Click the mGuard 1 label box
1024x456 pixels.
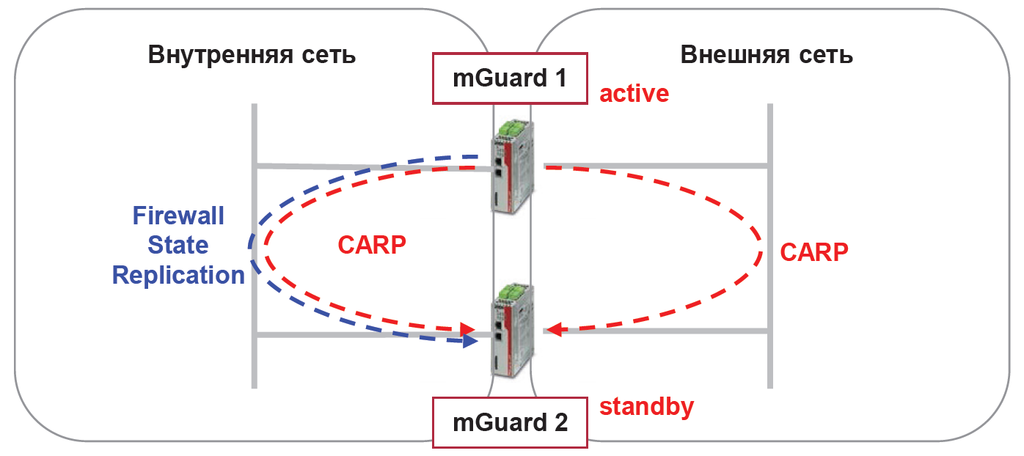coord(510,78)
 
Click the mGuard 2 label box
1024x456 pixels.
coord(510,422)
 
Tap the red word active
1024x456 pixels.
coord(634,94)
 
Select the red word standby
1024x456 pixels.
coord(647,406)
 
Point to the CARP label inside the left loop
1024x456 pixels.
coord(372,245)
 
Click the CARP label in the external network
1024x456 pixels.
coord(814,252)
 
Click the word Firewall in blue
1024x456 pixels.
coord(178,216)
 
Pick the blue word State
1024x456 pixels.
coord(178,246)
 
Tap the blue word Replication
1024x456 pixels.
coord(178,276)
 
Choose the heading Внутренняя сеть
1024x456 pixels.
coord(252,56)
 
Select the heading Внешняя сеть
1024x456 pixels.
coord(767,56)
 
